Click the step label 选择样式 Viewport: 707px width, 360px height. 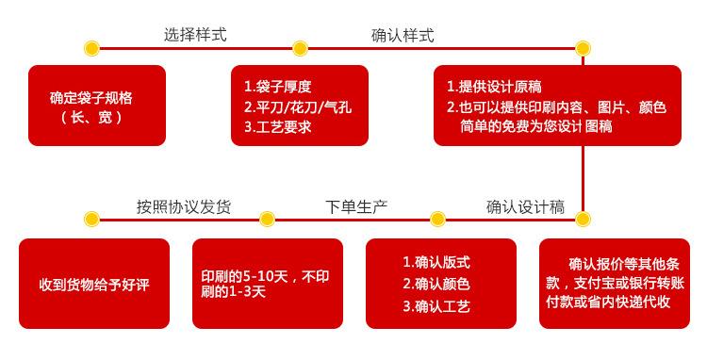tap(195, 35)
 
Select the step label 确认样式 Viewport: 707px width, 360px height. tap(403, 35)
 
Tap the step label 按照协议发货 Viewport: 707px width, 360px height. tap(184, 206)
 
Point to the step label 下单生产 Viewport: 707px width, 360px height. tap(356, 206)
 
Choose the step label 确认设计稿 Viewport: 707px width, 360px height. tap(525, 206)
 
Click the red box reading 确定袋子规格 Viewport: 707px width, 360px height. tap(97, 106)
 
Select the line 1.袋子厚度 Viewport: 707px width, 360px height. tap(278, 87)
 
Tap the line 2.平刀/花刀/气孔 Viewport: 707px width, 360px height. tap(298, 106)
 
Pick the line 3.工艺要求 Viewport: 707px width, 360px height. tap(278, 127)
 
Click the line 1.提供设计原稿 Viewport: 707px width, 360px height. tap(494, 87)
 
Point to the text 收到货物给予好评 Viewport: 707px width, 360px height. tap(93, 285)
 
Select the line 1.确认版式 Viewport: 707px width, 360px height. tap(436, 262)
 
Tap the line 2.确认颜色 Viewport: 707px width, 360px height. tap(436, 284)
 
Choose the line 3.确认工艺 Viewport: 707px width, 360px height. tap(436, 306)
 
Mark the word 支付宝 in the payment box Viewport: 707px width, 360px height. tap(594, 284)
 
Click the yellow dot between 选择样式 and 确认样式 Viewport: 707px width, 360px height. tap(300, 48)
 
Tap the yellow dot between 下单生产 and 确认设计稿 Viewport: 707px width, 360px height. tap(437, 220)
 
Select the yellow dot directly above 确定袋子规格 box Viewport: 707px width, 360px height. tap(92, 48)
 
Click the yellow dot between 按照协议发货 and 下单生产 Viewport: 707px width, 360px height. tap(267, 220)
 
